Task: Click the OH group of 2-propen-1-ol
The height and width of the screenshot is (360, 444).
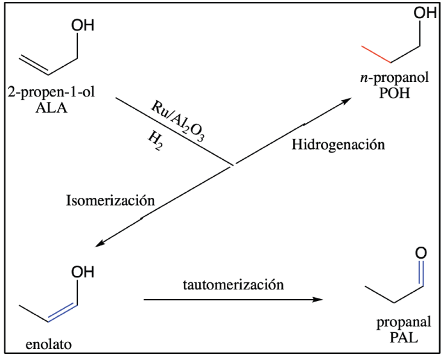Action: [83, 25]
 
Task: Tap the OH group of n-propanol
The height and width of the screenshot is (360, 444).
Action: [425, 13]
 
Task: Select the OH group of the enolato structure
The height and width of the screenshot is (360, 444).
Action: [83, 272]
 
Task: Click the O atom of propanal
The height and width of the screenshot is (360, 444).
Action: [421, 253]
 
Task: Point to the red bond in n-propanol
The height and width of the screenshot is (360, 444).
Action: [376, 54]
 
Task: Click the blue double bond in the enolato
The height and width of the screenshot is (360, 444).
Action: [63, 312]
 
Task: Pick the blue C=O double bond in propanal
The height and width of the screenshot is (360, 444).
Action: [421, 273]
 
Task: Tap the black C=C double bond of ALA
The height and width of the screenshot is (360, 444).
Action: [34, 65]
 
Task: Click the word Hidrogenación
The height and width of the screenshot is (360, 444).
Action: [338, 145]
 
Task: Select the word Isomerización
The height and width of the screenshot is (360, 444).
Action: [110, 200]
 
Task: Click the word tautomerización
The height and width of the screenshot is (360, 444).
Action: [233, 285]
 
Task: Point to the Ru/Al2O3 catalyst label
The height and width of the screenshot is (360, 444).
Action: [178, 120]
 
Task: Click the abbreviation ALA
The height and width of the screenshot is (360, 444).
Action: [51, 109]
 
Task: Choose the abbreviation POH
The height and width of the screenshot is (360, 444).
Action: [395, 93]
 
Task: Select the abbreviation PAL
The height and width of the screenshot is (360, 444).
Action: [404, 337]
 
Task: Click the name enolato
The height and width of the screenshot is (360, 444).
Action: [48, 345]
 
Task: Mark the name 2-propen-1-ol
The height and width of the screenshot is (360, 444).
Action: [51, 92]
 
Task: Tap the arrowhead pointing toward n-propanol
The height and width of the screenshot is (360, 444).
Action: [346, 101]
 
